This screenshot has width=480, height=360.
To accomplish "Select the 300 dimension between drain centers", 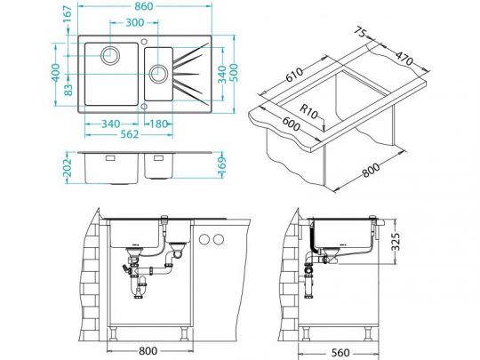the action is pyautogui.click(x=135, y=22).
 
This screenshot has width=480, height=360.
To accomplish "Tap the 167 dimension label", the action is pyautogui.click(x=67, y=13).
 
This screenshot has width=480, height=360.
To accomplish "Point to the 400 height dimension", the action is pyautogui.click(x=56, y=73).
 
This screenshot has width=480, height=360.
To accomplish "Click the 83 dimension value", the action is pyautogui.click(x=68, y=90).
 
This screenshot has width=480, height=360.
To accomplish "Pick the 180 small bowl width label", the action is pyautogui.click(x=159, y=124).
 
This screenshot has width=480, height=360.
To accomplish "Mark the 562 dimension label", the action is pyautogui.click(x=130, y=134).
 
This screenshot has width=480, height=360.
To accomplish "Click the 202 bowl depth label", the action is pyautogui.click(x=67, y=167).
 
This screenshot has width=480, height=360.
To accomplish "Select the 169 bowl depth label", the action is pyautogui.click(x=222, y=167).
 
